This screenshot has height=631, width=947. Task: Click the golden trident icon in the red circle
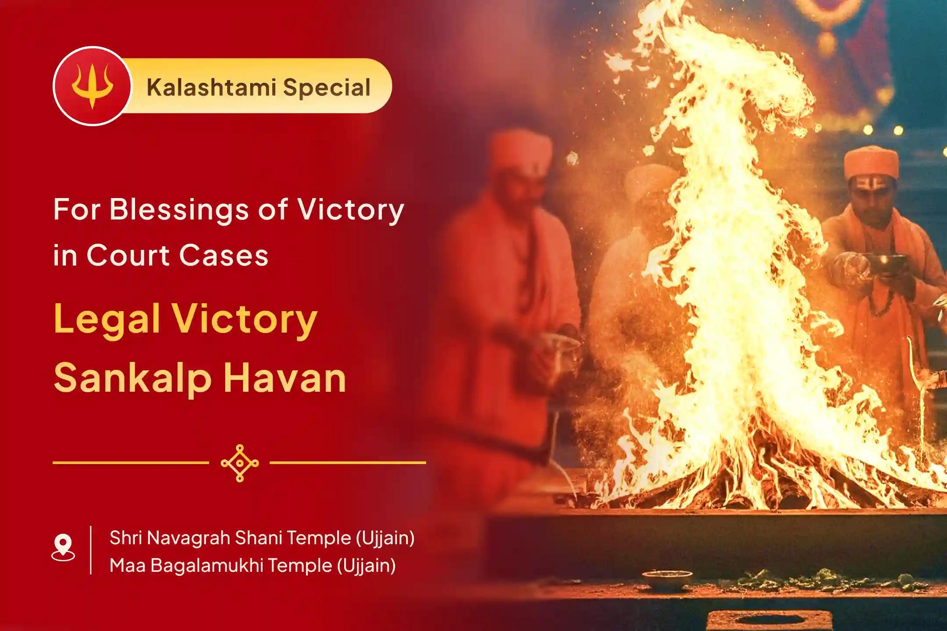coord(92,86)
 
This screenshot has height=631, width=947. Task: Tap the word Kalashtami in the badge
coord(211,87)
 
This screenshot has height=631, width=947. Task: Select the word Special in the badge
coord(327,87)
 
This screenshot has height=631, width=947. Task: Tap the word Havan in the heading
coord(285,378)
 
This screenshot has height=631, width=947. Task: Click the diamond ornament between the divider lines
coord(239,463)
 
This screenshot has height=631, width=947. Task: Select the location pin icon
coord(63,547)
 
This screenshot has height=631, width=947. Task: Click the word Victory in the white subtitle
coord(351,210)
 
